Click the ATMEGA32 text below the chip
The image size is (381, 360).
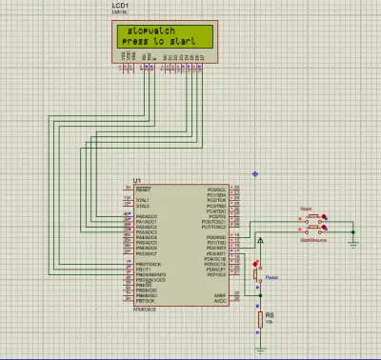coord(146,310)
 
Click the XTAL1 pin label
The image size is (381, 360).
coord(144,200)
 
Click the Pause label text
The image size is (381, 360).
coord(271,279)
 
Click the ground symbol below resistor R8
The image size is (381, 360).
coord(258,351)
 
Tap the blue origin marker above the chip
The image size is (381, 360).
coord(255,173)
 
